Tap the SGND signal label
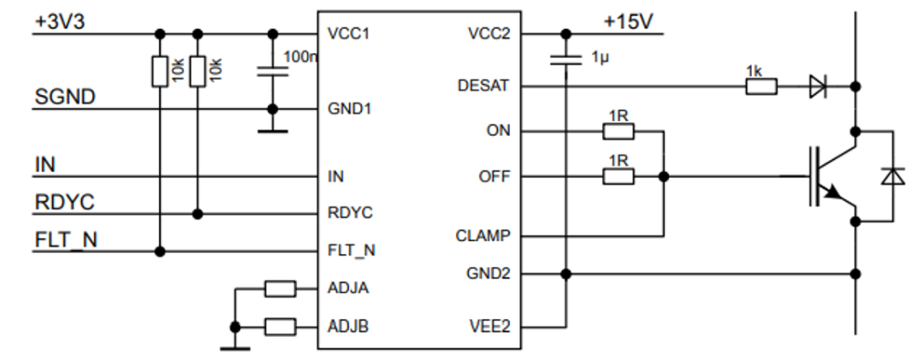[x=64, y=97]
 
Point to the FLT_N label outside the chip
[x=65, y=240]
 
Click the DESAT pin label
[x=483, y=86]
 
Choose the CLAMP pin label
[x=483, y=236]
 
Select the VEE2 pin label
[x=489, y=327]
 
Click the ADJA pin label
[x=348, y=288]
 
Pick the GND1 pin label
[x=349, y=109]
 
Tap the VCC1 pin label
[x=348, y=34]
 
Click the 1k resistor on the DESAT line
[x=761, y=86]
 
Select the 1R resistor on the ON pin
[x=619, y=131]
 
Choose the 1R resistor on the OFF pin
[x=619, y=176]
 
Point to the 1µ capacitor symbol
[x=564, y=60]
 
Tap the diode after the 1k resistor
[x=818, y=86]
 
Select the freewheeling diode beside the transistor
[x=894, y=176]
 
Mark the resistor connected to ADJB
[x=280, y=326]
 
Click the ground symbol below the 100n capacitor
[x=272, y=130]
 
